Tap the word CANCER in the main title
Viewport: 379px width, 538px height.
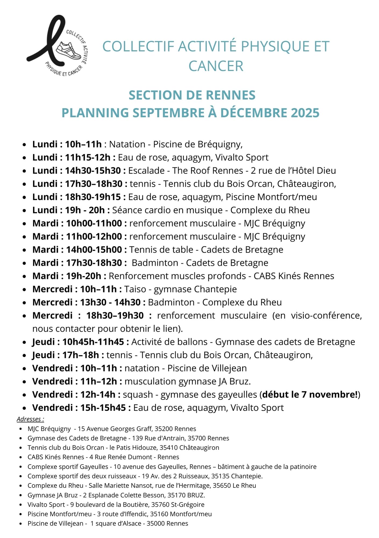pyautogui.click(x=216, y=66)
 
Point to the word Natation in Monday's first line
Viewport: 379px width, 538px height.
pyautogui.click(x=127, y=144)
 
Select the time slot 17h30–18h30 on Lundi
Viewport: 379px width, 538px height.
pyautogui.click(x=94, y=184)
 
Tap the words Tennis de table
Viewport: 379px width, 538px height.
pyautogui.click(x=161, y=250)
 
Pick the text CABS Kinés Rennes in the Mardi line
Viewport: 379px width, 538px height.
pyautogui.click(x=294, y=276)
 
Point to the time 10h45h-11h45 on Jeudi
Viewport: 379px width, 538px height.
pyautogui.click(x=93, y=342)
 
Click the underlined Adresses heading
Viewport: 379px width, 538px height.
pyautogui.click(x=30, y=419)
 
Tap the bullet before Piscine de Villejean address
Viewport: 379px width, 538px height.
pyautogui.click(x=20, y=524)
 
